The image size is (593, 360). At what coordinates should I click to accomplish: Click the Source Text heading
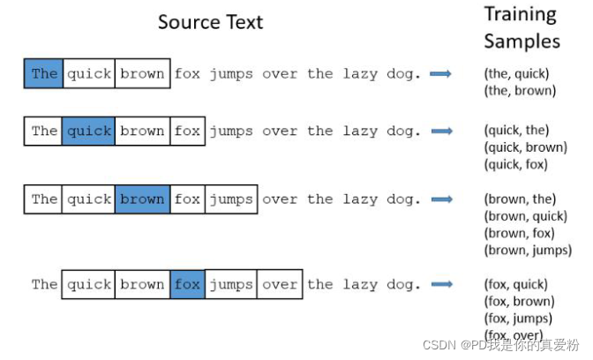(x=210, y=22)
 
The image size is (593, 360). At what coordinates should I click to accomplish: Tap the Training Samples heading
(x=522, y=27)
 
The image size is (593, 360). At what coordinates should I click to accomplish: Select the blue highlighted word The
(x=44, y=73)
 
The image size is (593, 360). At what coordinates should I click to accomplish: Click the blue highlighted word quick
(x=89, y=131)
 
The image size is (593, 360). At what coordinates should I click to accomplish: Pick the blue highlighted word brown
(x=142, y=199)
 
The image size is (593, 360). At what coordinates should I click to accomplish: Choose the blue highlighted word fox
(x=187, y=284)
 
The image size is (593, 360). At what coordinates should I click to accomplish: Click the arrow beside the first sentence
(x=440, y=73)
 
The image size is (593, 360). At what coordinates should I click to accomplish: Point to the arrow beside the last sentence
(x=440, y=284)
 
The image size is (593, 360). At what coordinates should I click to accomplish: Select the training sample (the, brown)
(x=520, y=90)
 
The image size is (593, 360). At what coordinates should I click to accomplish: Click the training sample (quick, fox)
(x=515, y=164)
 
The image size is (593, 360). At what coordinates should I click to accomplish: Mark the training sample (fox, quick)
(x=515, y=284)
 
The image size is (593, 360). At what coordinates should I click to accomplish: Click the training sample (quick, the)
(x=515, y=131)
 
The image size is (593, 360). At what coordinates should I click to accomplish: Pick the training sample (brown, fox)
(x=519, y=233)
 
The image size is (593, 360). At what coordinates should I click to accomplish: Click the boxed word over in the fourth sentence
(x=280, y=284)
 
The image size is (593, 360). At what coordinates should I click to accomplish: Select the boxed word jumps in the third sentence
(x=231, y=199)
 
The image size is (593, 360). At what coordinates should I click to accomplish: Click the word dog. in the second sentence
(x=404, y=131)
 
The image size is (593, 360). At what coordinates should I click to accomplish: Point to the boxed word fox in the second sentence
(x=187, y=131)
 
